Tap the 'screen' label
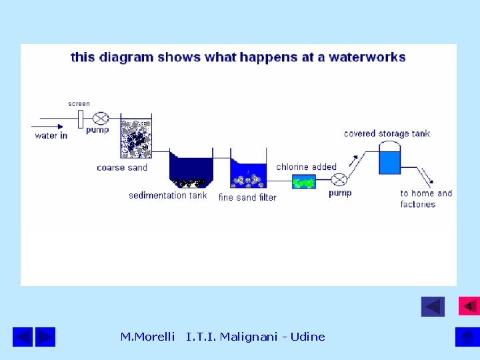[79, 104]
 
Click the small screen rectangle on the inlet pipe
[80, 119]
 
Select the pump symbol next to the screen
[101, 119]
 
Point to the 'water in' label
[51, 135]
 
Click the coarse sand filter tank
[136, 139]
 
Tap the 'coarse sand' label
[121, 167]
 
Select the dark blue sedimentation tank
[191, 171]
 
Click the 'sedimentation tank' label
[168, 195]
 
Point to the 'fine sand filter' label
[247, 197]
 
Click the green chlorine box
[304, 181]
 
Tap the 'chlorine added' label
[306, 167]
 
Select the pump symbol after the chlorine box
[339, 180]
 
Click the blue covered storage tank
[389, 161]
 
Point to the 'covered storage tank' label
[387, 133]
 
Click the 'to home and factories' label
[425, 199]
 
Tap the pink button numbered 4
[469, 306]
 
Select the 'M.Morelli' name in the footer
[147, 337]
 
